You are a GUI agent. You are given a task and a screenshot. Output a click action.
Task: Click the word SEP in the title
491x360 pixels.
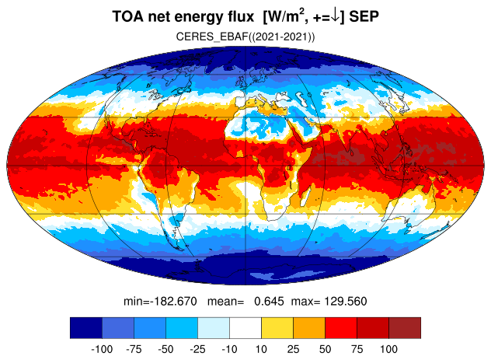click(364, 16)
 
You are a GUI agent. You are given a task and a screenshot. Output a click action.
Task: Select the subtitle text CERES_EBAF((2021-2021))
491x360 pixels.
click(245, 37)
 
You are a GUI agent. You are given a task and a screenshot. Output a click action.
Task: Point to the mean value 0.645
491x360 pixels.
click(269, 302)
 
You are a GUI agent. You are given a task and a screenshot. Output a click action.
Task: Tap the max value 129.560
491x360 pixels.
click(345, 302)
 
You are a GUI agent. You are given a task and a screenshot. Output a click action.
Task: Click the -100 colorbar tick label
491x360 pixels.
click(102, 349)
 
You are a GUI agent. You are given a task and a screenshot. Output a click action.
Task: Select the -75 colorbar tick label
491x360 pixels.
click(134, 349)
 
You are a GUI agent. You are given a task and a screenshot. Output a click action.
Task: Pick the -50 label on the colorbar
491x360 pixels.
click(165, 349)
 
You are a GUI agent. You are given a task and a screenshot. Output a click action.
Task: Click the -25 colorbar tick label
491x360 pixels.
click(197, 349)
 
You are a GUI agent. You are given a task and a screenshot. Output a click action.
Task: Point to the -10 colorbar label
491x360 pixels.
click(229, 349)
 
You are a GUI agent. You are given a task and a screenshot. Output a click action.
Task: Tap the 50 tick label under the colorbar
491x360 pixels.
click(325, 349)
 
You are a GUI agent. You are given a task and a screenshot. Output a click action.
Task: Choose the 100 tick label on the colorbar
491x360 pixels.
click(388, 349)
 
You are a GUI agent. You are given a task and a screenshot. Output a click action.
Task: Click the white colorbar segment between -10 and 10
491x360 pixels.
click(245, 327)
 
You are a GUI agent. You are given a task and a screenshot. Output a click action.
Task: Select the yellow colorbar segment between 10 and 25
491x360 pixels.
click(277, 327)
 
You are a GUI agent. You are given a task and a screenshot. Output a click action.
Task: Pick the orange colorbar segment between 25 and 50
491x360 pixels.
click(309, 327)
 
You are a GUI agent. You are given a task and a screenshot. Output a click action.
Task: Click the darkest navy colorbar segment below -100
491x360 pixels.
click(86, 327)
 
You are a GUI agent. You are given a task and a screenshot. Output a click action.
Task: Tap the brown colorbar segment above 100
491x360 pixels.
click(405, 327)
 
